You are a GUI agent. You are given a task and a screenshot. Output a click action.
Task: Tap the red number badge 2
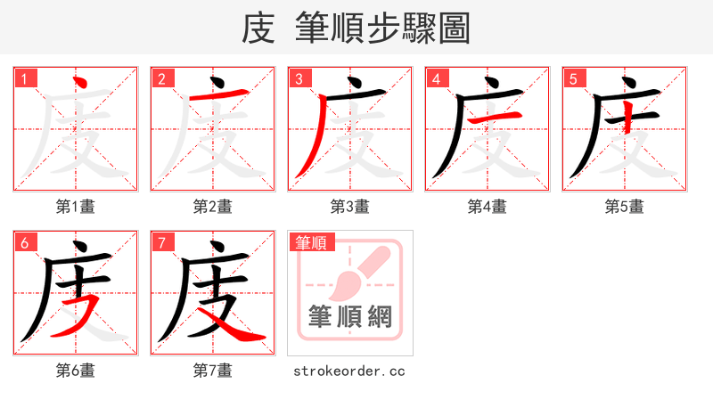162,79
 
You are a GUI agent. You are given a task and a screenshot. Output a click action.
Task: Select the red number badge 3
299,79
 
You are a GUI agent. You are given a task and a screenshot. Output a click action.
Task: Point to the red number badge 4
437,79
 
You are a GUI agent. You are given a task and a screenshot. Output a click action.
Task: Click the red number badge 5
574,79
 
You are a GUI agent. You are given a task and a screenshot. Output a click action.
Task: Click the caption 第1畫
75,207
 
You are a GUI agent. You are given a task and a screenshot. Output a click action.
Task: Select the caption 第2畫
212,207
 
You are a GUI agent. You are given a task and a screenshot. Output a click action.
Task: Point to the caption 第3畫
349,207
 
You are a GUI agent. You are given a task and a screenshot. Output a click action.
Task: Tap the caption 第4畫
487,207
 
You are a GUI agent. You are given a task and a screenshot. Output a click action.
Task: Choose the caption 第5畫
624,207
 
